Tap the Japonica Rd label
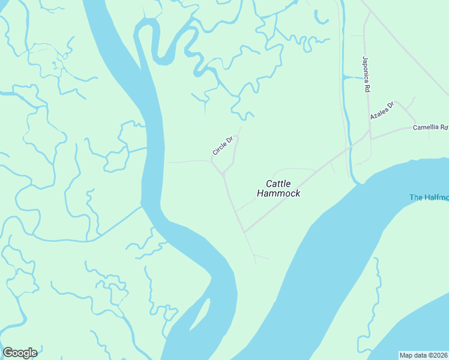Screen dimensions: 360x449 [x=365, y=74]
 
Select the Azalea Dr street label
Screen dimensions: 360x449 [x=382, y=111]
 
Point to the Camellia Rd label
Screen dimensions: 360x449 [x=430, y=127]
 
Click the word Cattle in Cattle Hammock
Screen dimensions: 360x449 [x=279, y=184]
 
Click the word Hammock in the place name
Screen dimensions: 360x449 [x=278, y=193]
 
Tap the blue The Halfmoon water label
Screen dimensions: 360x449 [x=429, y=197]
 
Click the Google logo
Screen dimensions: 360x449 [x=19, y=353]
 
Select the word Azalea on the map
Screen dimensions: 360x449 [x=379, y=113]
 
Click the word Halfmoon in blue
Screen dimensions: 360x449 [x=436, y=197]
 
